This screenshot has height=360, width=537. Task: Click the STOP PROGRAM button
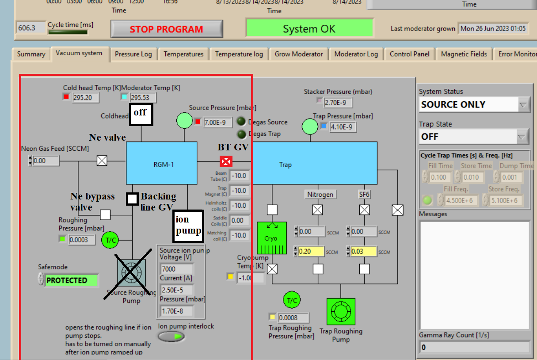coord(167,29)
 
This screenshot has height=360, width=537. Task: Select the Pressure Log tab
coord(133,54)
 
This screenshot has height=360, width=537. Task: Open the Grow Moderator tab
coord(299,54)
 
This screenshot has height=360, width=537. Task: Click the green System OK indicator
coord(309,29)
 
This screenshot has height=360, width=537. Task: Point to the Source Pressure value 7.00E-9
coord(218,123)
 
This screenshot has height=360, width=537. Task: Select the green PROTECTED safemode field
coord(72,280)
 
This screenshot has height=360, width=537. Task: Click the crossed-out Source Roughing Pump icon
coord(131,272)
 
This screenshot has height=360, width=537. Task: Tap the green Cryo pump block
coord(272,238)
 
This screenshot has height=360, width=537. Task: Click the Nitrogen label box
coord(320,194)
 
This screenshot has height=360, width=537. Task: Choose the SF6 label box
coord(364,194)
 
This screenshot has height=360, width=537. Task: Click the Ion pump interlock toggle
coord(171,337)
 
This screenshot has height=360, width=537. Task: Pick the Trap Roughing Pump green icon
coord(341,311)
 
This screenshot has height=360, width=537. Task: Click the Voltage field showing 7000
coord(176,269)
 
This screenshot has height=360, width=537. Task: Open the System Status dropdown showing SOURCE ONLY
coord(474,105)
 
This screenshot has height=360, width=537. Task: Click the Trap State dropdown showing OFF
coord(474,137)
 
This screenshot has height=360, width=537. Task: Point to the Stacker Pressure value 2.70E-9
coord(338,103)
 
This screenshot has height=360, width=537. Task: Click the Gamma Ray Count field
coord(474,347)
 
